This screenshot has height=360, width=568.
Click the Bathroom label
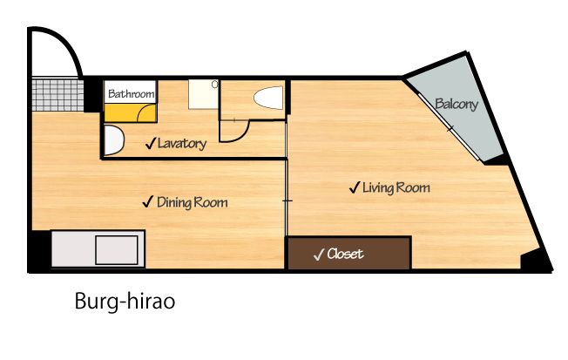click(x=132, y=94)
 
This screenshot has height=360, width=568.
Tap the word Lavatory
click(x=182, y=144)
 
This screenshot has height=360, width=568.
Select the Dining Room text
click(x=193, y=202)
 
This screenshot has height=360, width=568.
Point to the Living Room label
click(x=396, y=187)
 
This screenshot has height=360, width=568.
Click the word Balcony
click(x=456, y=104)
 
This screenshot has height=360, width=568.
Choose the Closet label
click(x=345, y=254)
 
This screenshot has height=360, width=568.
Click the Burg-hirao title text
click(x=125, y=302)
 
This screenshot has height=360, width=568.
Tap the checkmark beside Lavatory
click(x=151, y=143)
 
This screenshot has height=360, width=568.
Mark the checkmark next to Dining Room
click(x=148, y=201)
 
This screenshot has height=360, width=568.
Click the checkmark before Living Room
click(x=354, y=187)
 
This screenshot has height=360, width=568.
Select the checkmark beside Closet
click(x=319, y=255)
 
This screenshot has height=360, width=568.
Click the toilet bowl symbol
click(x=268, y=98)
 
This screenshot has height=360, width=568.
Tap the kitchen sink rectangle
click(x=117, y=250)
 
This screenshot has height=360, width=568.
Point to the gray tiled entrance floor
click(x=57, y=95)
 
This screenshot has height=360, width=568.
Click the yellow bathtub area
click(x=131, y=112)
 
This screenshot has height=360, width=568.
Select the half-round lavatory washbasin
click(x=114, y=140)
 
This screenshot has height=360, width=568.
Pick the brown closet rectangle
click(x=349, y=254)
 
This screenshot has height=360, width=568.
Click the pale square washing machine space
click(x=204, y=95)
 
